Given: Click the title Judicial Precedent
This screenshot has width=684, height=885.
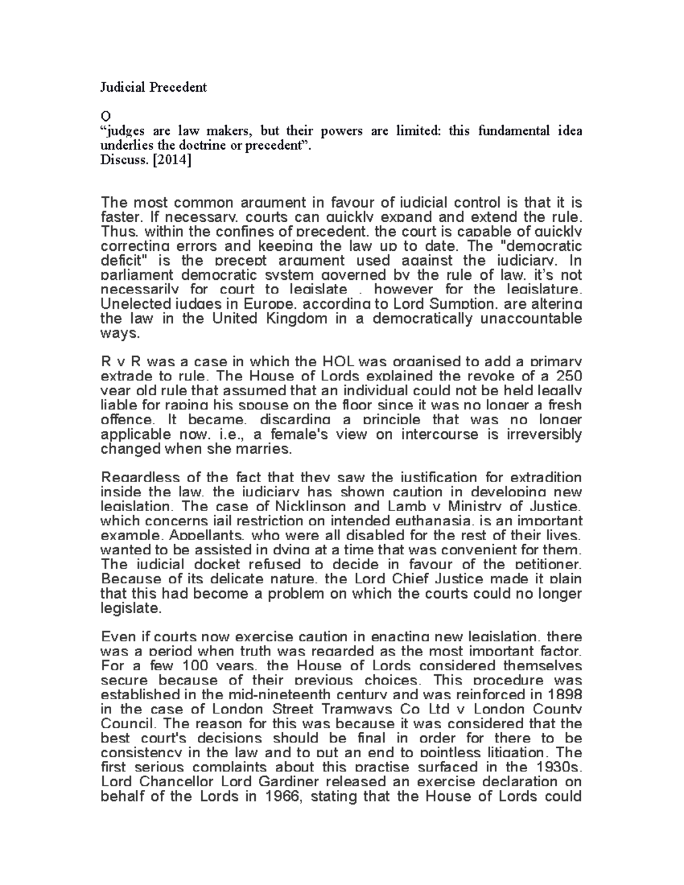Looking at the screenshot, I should point(153,87).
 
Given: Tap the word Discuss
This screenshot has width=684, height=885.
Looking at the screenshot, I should point(119,161).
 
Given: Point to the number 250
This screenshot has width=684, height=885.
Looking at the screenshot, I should point(568,376).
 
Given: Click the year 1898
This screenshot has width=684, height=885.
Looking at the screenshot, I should point(565,695).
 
